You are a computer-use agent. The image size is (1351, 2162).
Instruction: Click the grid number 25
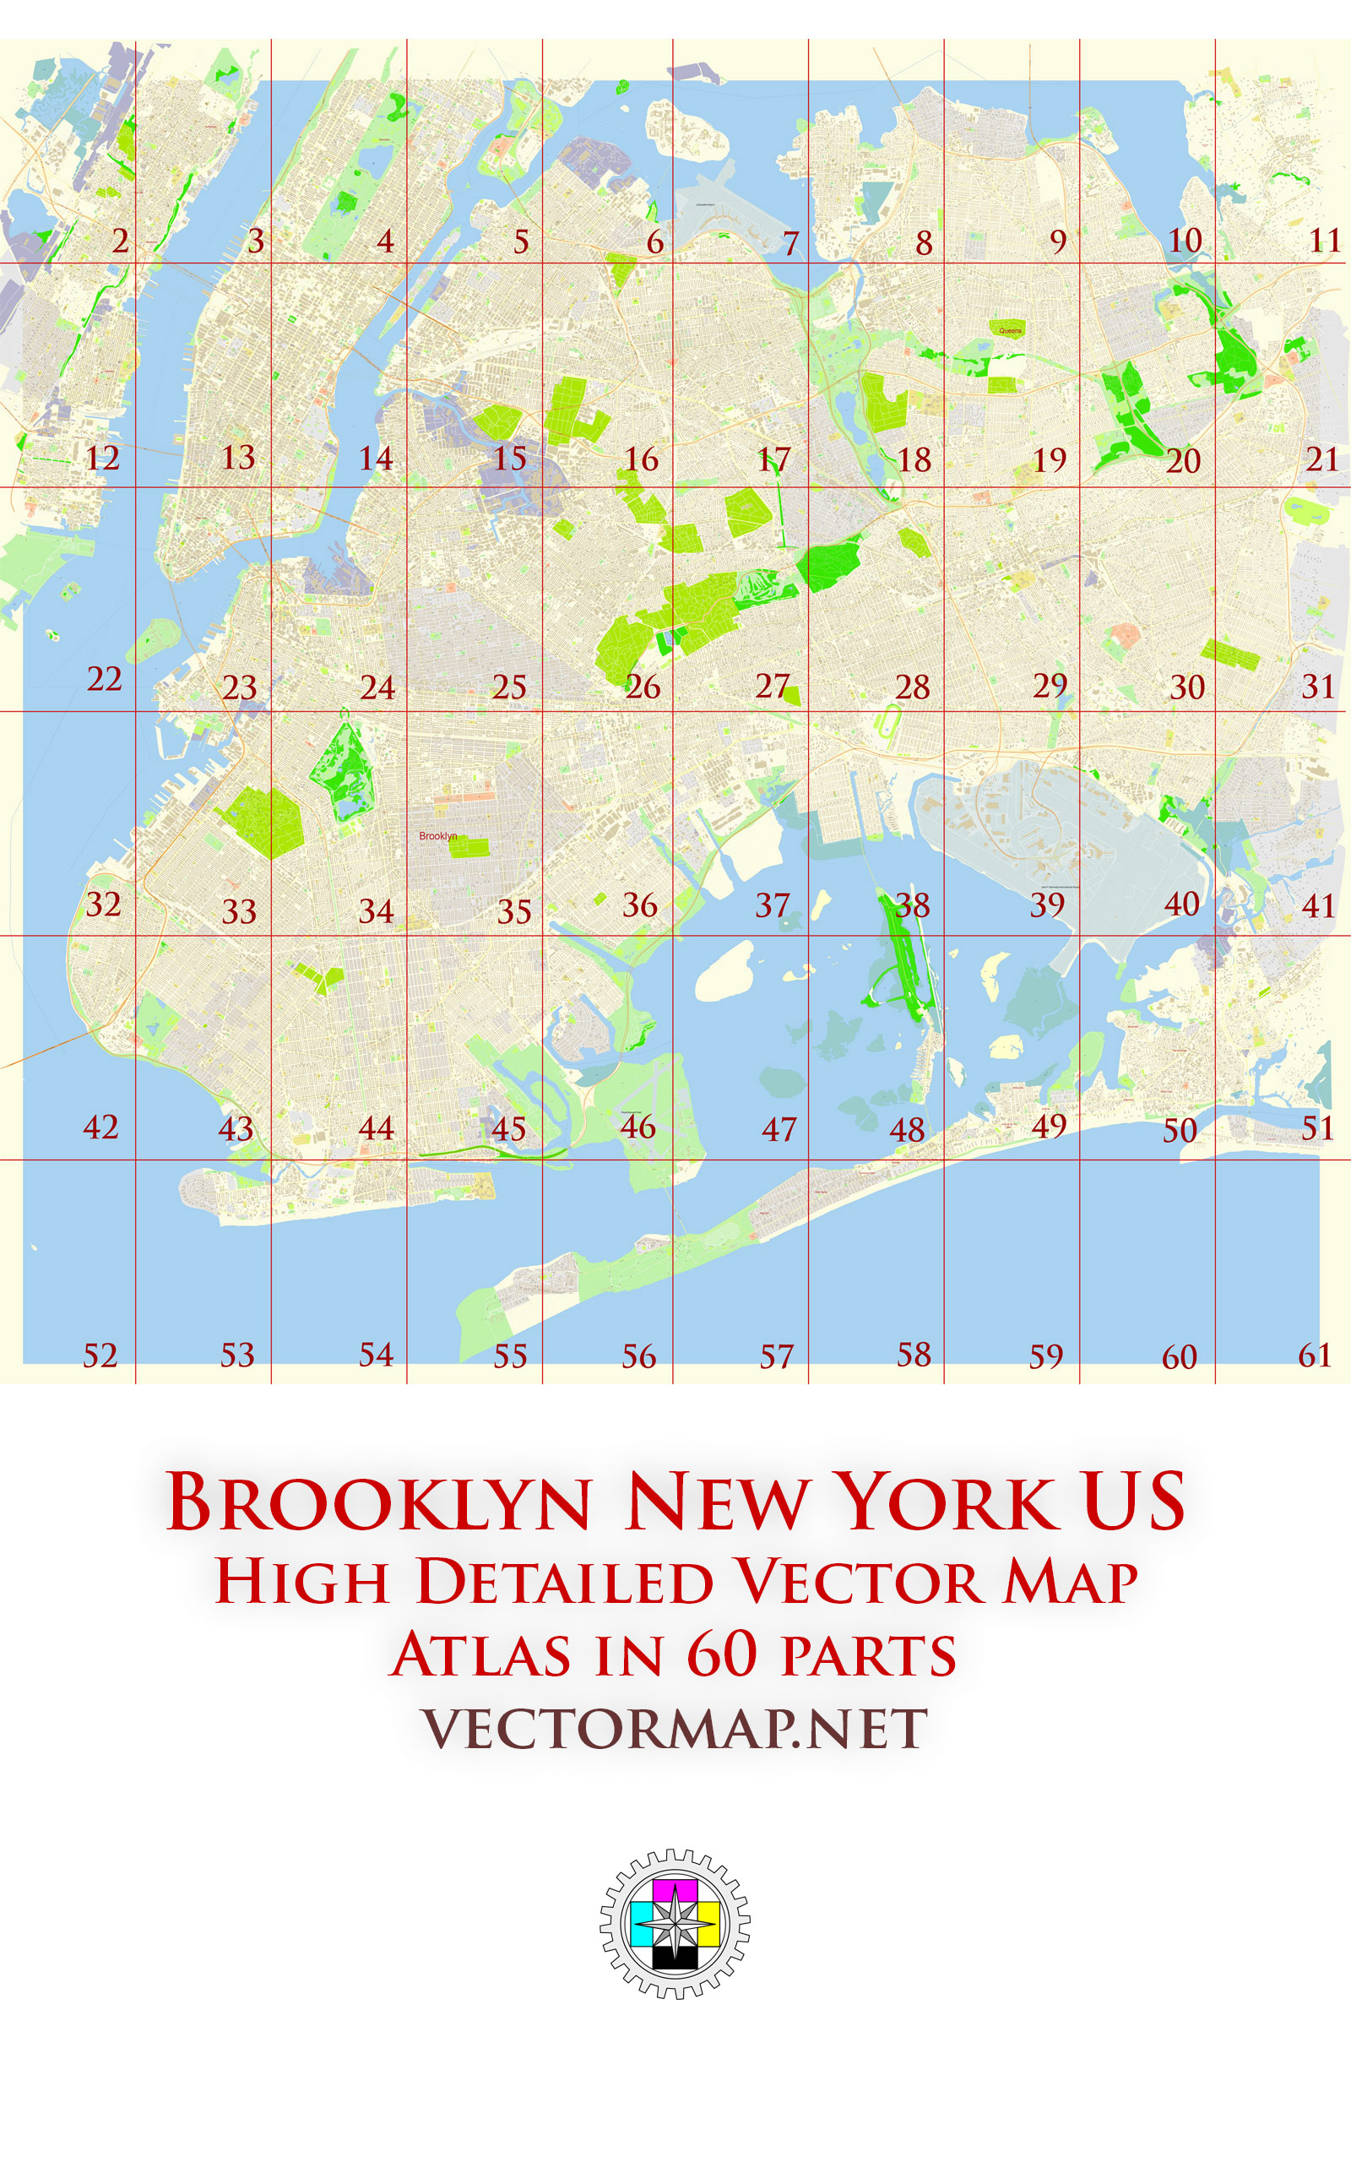point(509,687)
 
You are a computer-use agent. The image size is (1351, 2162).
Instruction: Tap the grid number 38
point(913,906)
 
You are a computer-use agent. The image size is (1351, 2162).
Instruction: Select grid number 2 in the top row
point(120,242)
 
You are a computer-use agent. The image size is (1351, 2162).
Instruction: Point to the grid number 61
point(1315,1355)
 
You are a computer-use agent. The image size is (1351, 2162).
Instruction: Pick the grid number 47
point(779,1129)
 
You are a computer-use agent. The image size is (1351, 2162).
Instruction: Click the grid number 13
point(237,458)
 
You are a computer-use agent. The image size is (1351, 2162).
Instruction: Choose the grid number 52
point(100,1355)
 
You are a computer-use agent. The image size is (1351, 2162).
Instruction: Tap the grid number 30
point(1187,687)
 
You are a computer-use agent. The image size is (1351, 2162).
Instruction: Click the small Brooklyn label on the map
point(438,836)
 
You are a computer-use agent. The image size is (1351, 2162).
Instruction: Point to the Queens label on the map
point(1010,330)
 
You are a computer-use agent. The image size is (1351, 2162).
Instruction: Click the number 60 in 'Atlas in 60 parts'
point(722,1654)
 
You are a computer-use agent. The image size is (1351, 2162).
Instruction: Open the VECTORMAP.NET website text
point(675,1729)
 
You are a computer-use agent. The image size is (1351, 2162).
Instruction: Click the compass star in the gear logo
point(675,1921)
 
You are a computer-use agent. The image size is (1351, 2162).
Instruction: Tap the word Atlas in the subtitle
point(481,1654)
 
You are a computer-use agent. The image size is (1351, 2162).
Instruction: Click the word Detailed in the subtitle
point(565,1582)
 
